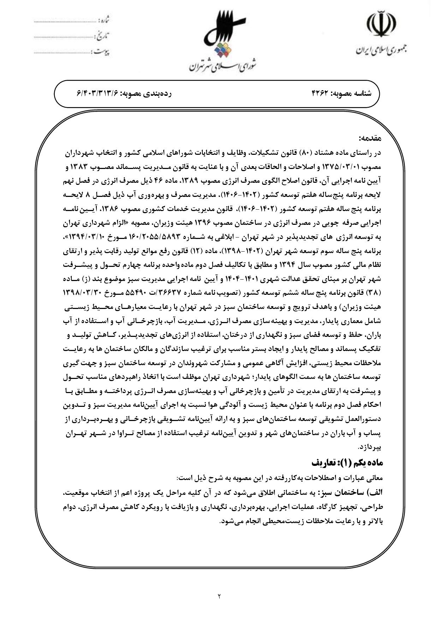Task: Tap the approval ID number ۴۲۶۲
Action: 320,94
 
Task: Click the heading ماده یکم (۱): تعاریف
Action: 347,462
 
